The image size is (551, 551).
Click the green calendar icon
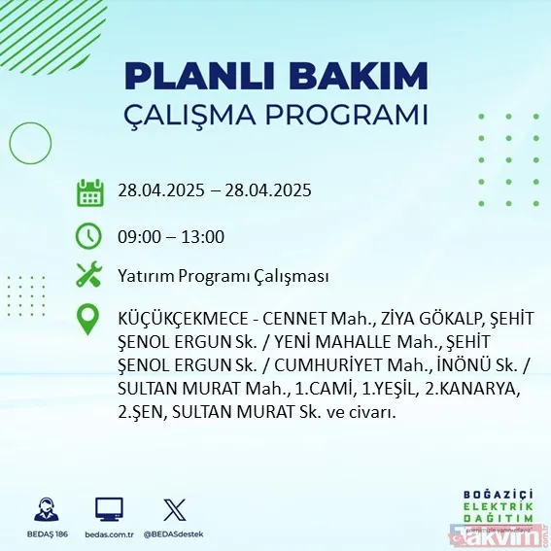tap(89, 192)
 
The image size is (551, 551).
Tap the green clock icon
tap(89, 235)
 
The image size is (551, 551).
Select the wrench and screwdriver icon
tap(89, 275)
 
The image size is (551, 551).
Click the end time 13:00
tap(204, 236)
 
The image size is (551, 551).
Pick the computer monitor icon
tap(109, 509)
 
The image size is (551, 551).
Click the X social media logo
tap(174, 509)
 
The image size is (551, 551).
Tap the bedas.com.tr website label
tap(109, 534)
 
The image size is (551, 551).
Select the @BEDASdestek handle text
tap(176, 534)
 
